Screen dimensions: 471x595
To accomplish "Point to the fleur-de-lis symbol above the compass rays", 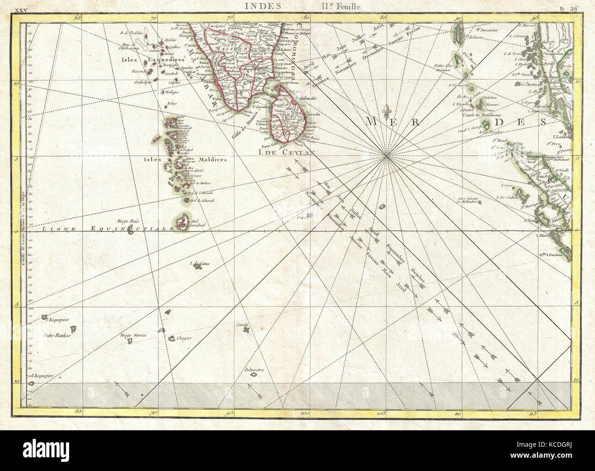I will coord(388,112).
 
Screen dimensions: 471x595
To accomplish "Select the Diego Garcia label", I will coord(133,335).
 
